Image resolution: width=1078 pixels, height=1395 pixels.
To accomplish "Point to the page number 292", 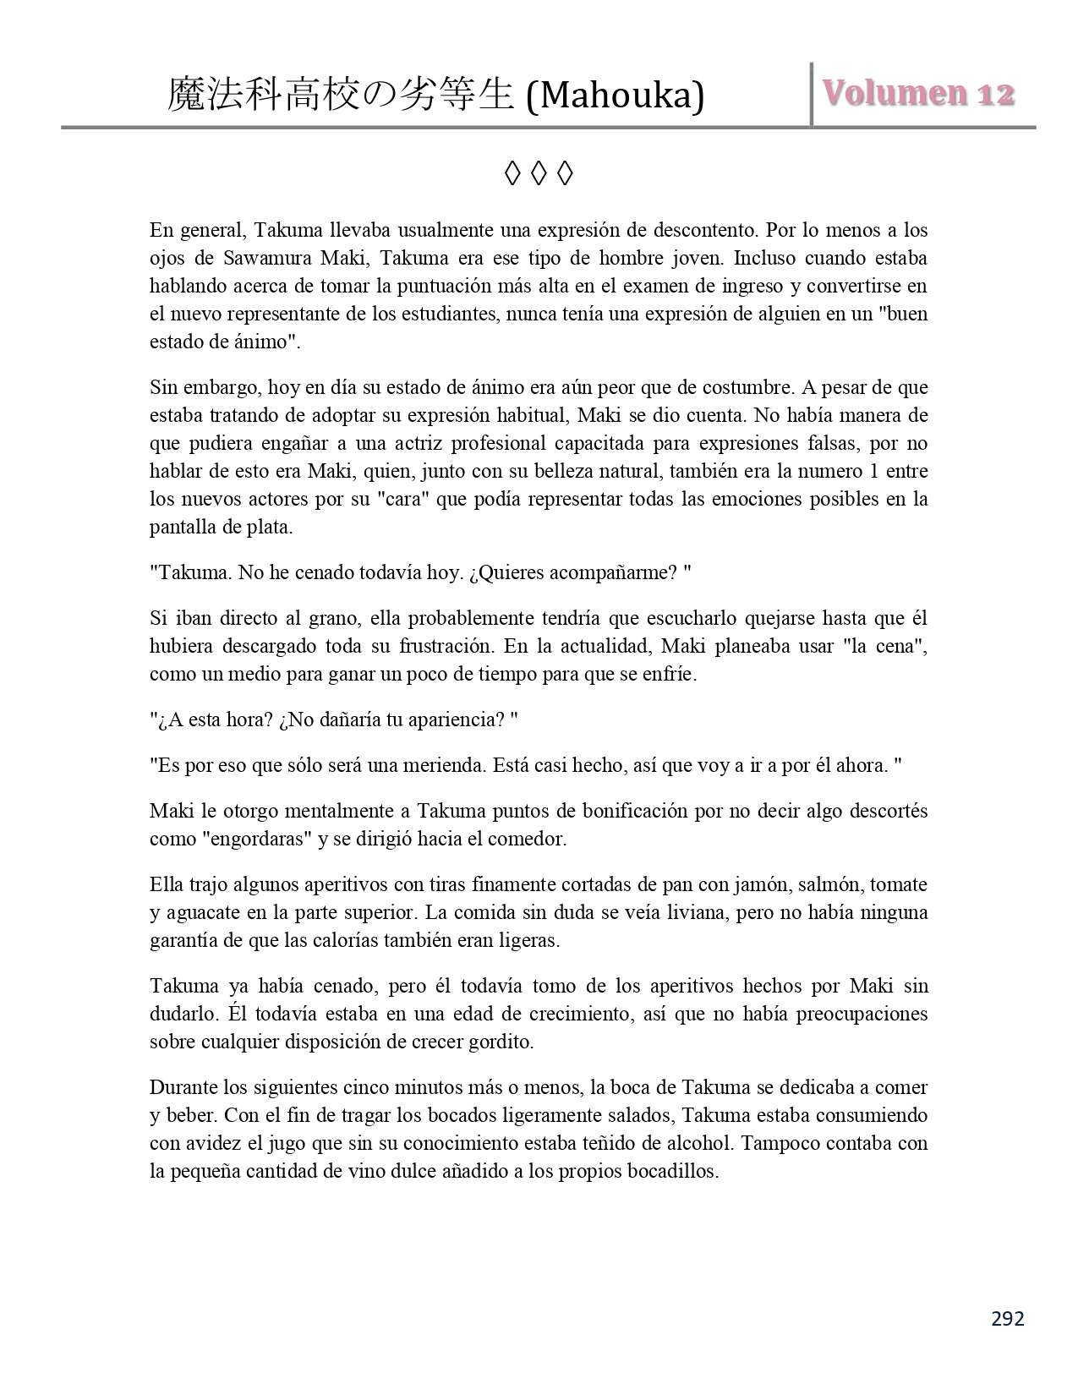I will (x=1007, y=1318).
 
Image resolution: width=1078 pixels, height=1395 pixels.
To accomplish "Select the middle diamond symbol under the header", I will (x=539, y=174).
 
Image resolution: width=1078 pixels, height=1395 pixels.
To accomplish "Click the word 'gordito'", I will (x=501, y=1041).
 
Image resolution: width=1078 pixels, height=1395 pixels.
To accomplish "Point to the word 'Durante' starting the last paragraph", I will (x=182, y=1087).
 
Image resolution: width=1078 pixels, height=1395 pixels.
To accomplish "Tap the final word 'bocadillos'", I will (x=671, y=1171).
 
